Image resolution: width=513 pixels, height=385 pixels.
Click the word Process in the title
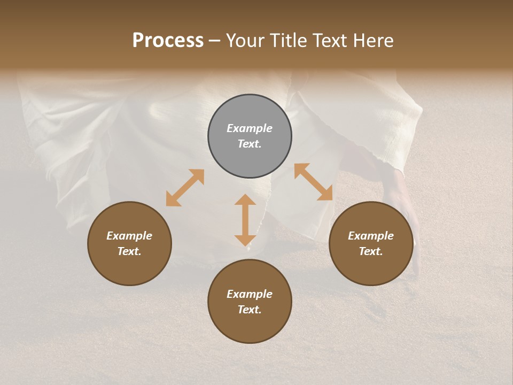(x=168, y=41)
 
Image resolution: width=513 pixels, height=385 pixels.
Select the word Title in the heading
(x=289, y=41)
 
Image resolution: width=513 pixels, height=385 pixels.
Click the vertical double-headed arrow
(x=245, y=220)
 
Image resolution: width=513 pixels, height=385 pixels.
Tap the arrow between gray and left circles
(x=185, y=188)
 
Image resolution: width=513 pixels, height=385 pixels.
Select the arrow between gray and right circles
(x=313, y=182)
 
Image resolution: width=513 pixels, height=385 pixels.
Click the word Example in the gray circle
(x=250, y=128)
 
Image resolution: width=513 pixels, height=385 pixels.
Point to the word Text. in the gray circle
(x=250, y=144)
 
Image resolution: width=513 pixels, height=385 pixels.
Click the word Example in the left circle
(x=129, y=236)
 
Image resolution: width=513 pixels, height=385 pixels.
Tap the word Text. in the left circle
(x=129, y=251)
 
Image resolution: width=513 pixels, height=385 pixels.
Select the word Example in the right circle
(x=371, y=236)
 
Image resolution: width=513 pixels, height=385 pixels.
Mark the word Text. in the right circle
(x=371, y=251)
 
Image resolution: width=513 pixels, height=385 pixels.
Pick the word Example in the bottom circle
(x=250, y=294)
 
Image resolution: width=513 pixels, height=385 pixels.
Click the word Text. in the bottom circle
(x=250, y=310)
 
